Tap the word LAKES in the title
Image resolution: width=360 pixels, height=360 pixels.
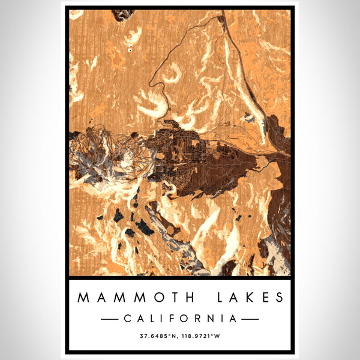point(245,298)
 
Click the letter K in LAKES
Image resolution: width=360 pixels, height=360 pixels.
point(247,298)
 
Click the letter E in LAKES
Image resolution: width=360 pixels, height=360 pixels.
point(263,298)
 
